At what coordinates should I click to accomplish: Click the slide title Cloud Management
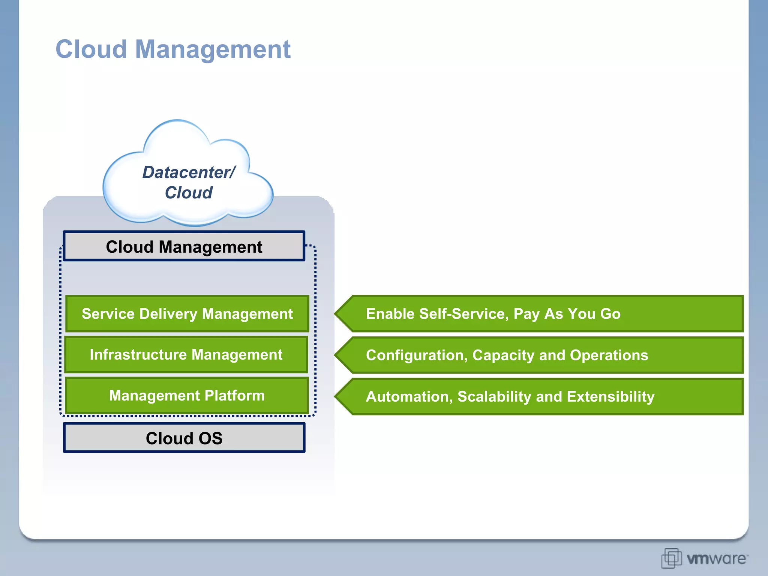[x=173, y=49]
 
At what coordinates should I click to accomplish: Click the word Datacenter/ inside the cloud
[x=189, y=172]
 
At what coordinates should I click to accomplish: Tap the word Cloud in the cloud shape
[x=189, y=193]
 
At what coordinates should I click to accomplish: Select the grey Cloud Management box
[x=184, y=246]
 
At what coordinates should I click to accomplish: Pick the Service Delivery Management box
[x=187, y=314]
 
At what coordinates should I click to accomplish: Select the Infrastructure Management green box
[x=186, y=355]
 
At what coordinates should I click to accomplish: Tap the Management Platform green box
[x=187, y=396]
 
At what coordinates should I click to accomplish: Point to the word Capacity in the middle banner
[x=503, y=355]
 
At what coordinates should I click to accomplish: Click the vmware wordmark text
[x=716, y=559]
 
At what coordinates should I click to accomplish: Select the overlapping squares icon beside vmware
[x=671, y=558]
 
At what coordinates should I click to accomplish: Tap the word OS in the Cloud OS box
[x=210, y=438]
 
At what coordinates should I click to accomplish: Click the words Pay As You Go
[x=567, y=314]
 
